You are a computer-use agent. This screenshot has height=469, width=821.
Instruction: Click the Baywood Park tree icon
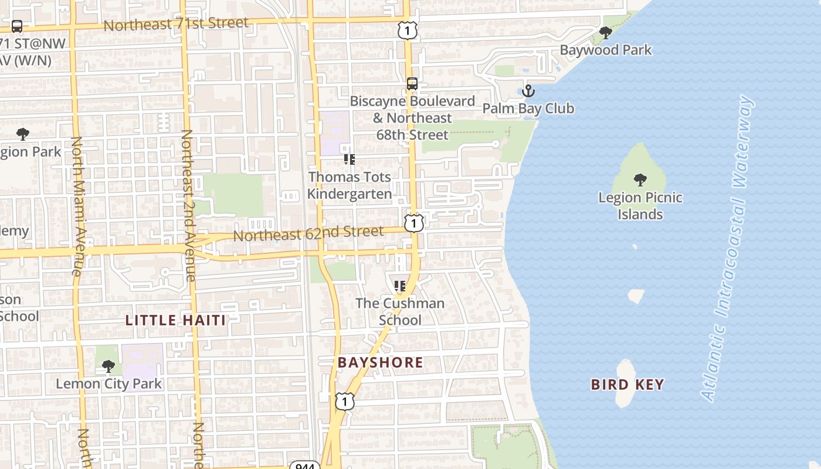tap(606, 32)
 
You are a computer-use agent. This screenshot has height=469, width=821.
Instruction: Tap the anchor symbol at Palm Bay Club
tap(528, 91)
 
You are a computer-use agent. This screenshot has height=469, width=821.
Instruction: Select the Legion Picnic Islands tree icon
tap(640, 179)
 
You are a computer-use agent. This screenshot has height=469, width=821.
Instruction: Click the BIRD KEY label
tap(627, 385)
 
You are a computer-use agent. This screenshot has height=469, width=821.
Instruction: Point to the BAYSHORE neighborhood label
tap(380, 362)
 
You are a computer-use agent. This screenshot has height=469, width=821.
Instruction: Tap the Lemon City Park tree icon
tap(108, 366)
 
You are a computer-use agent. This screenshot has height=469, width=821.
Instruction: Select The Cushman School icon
tap(400, 286)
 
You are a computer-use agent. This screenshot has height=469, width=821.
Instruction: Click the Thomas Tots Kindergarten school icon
tap(350, 159)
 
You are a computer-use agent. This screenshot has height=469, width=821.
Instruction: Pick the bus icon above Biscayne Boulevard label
tap(412, 84)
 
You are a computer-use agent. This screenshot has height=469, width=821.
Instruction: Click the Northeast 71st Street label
tap(176, 25)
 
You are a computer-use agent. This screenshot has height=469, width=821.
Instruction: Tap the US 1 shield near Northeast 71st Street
tap(407, 30)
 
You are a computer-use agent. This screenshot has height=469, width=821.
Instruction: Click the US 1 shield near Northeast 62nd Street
tap(414, 223)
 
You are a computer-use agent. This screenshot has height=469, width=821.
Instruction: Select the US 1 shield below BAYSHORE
tap(345, 402)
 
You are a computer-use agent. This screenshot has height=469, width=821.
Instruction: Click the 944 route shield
tap(305, 465)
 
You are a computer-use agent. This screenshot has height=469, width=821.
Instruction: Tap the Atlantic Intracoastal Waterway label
tap(728, 249)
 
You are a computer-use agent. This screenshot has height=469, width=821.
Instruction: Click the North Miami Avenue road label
tap(78, 206)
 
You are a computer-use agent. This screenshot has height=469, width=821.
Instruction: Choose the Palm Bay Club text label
tap(528, 108)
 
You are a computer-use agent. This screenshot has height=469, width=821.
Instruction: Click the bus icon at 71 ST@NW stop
tap(17, 26)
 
